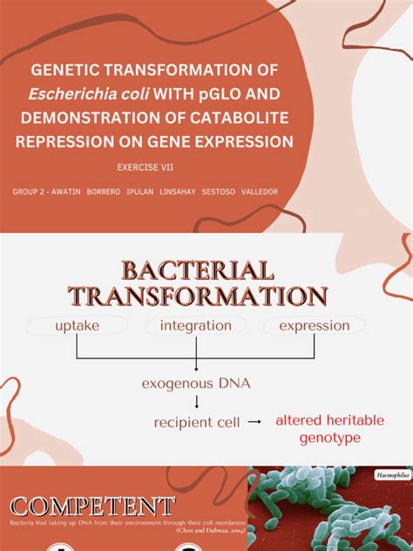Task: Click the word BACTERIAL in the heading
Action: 199,269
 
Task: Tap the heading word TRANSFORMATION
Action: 199,296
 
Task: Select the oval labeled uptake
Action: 77,326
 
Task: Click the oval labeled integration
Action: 196,326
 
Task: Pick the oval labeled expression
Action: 314,326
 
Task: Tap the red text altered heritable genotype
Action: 329,429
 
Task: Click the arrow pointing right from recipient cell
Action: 254,422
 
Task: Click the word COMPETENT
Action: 92,506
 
